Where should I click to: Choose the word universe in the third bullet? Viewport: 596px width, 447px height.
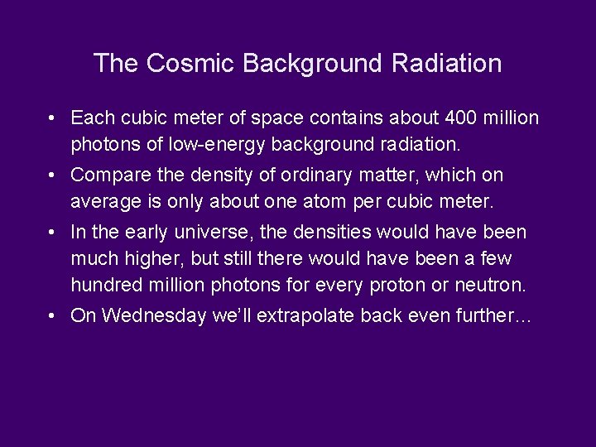point(214,233)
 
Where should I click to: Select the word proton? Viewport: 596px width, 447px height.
point(393,285)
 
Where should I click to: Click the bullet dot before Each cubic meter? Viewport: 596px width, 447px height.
point(52,118)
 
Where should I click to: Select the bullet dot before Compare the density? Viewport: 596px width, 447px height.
point(52,175)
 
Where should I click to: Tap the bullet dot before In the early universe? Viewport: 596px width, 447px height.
point(52,233)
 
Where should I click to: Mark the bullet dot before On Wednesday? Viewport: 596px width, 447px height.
point(52,315)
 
